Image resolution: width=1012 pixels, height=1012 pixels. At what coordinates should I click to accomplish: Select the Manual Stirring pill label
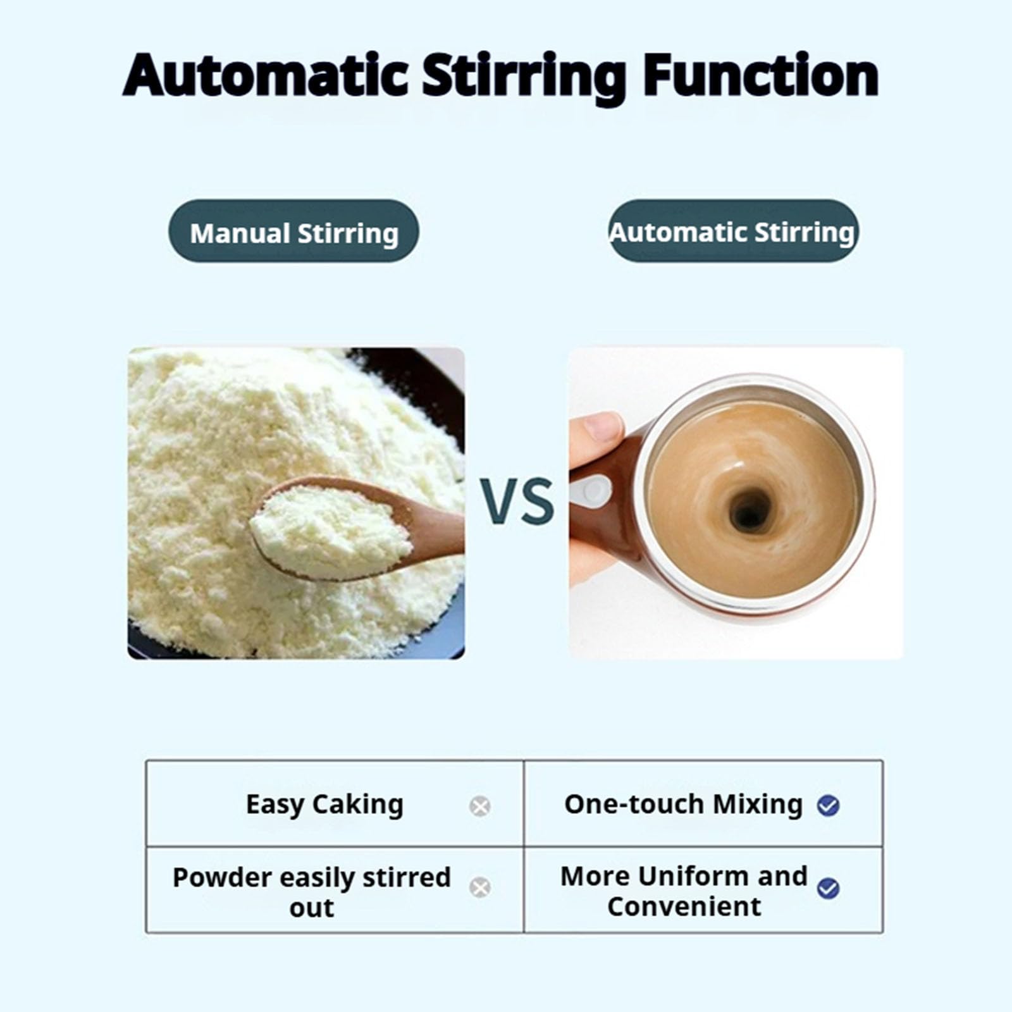(x=293, y=232)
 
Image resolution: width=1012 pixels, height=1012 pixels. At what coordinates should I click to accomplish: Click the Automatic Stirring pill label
(x=732, y=231)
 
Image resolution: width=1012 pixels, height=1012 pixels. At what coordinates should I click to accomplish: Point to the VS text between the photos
(x=516, y=501)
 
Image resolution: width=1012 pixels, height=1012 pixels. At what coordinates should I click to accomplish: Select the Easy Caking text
(x=324, y=805)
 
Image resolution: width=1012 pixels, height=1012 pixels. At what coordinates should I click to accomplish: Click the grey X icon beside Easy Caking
(x=480, y=806)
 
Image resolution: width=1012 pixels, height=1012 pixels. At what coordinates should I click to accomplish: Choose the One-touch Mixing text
(x=683, y=805)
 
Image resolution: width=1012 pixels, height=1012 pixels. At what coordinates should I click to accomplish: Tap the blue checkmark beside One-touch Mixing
(x=828, y=805)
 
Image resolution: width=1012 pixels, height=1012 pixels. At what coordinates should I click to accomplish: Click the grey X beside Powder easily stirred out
(x=480, y=887)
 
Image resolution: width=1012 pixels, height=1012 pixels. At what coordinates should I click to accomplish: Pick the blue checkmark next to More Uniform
(x=828, y=888)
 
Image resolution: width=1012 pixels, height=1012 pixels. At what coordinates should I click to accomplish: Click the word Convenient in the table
(x=684, y=906)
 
